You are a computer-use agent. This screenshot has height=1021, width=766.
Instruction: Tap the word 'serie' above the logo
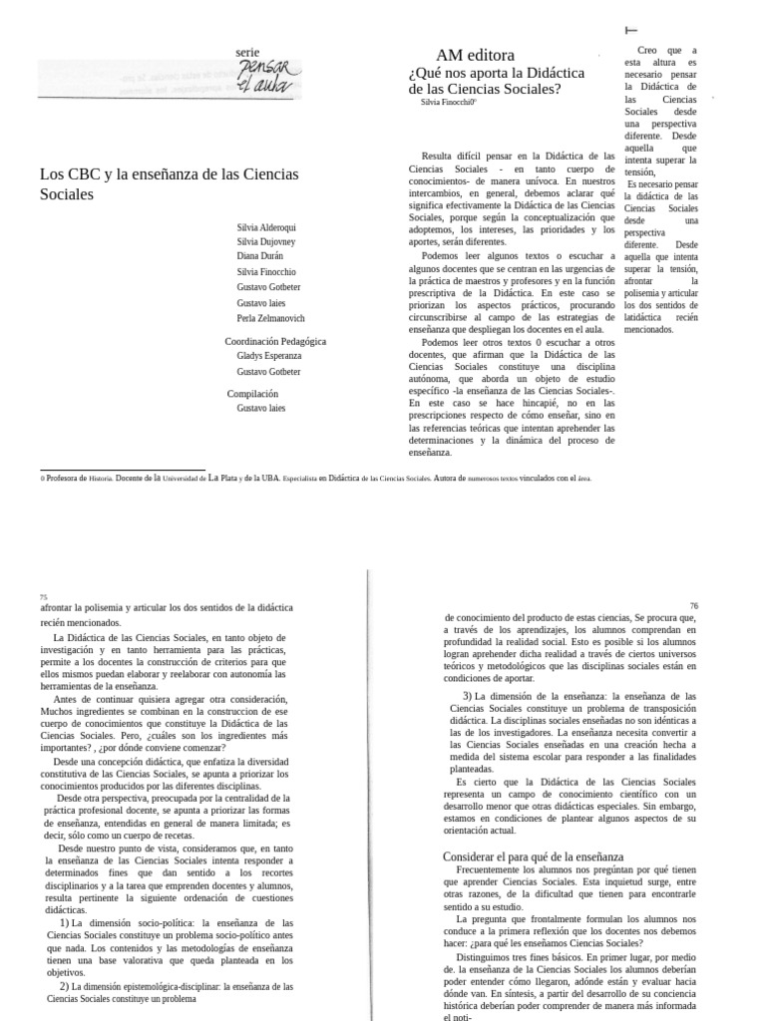[246, 52]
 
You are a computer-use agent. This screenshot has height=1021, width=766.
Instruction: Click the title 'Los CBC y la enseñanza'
[169, 173]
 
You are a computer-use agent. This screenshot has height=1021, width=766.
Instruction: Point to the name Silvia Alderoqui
[265, 226]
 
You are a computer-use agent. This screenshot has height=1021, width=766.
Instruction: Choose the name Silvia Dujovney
[265, 241]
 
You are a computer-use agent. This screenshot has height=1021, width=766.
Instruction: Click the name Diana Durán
[258, 256]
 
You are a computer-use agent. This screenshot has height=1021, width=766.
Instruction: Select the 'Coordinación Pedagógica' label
[275, 341]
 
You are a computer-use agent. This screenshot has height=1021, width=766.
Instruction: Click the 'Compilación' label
[252, 394]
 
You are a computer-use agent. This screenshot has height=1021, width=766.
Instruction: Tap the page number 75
[44, 596]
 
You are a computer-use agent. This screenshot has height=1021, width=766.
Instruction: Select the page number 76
[693, 605]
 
